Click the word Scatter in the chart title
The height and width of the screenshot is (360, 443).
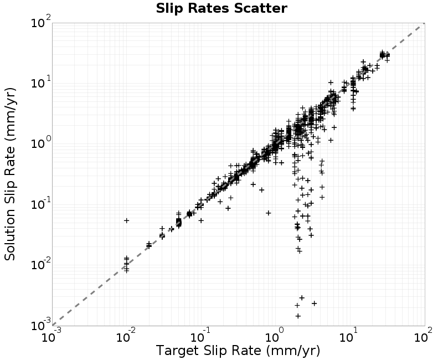point(260,8)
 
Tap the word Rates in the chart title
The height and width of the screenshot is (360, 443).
point(209,8)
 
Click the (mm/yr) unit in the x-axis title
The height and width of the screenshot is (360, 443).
point(293,351)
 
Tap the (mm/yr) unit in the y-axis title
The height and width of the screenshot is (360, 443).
point(11,115)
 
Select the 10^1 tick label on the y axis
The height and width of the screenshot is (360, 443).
point(40,82)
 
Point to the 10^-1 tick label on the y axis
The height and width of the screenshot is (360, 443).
point(40,203)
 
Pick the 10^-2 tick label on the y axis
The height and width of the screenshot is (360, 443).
point(40,264)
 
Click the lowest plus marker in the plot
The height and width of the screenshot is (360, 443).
point(298,316)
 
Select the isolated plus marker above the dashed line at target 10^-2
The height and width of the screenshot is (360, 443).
point(127,220)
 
